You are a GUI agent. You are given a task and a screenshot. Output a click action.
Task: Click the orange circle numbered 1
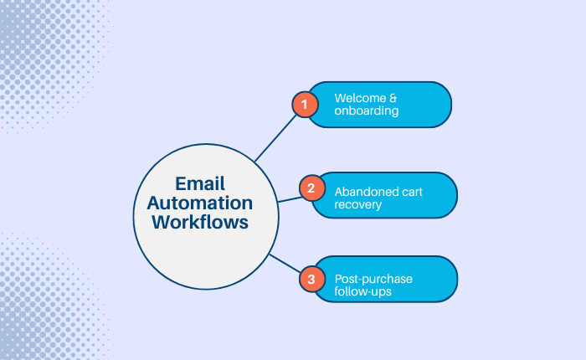click(305, 105)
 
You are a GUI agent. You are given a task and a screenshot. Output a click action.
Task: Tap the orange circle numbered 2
click(311, 188)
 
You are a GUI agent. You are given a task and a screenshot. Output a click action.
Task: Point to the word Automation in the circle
click(204, 203)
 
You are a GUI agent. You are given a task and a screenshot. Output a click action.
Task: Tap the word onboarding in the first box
click(367, 112)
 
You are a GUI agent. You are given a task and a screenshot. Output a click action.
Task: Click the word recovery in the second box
click(357, 204)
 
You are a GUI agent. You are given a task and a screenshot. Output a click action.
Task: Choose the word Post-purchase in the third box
click(373, 278)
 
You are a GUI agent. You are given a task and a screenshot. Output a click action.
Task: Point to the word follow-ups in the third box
click(364, 292)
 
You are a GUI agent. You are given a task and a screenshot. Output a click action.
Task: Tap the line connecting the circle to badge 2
click(288, 198)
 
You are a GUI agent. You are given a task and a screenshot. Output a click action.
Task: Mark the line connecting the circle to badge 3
click(285, 265)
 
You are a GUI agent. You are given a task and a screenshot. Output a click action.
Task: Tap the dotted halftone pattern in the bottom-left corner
click(38, 310)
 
